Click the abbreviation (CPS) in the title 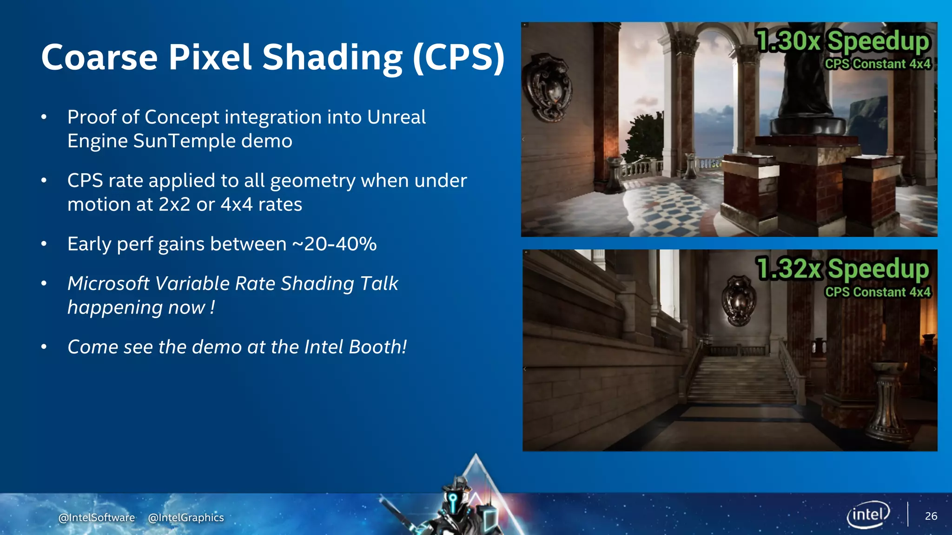click(x=458, y=58)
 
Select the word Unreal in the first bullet click(x=396, y=117)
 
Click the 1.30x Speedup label click(x=842, y=41)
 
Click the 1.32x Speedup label click(x=842, y=269)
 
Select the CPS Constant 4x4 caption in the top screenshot click(x=878, y=64)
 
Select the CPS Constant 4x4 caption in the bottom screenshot click(x=878, y=292)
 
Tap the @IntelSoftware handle click(x=97, y=517)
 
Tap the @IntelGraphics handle click(x=186, y=517)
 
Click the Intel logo click(x=868, y=515)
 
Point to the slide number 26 click(x=931, y=516)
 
